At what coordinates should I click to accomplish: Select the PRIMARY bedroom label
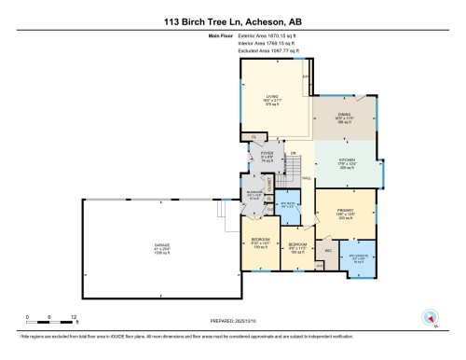347,210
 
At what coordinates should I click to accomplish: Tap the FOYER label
267,154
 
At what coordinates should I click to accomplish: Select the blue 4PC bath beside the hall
289,205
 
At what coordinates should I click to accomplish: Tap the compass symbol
431,315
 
